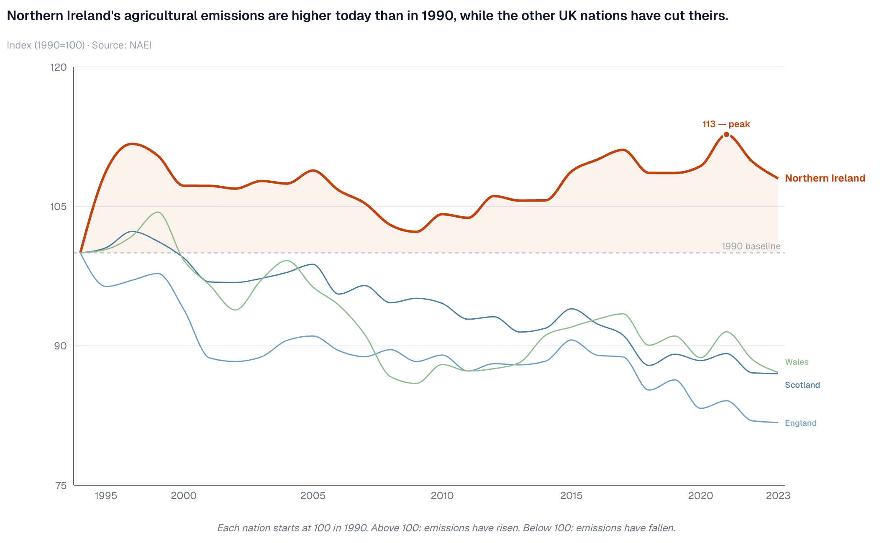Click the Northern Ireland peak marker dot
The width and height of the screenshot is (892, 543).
pos(726,135)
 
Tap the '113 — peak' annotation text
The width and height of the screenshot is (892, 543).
pos(726,124)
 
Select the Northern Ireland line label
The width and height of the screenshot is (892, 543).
pos(825,178)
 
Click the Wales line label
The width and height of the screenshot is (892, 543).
pos(797,362)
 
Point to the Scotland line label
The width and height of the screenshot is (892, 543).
pos(802,385)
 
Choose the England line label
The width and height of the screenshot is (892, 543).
pos(800,423)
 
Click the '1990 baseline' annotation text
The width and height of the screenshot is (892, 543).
pos(751,246)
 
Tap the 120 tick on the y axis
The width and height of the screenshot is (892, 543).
pos(59,67)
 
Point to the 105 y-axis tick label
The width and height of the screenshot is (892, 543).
pos(59,207)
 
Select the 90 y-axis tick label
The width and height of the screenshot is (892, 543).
pos(60,346)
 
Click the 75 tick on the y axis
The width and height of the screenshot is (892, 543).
pos(61,486)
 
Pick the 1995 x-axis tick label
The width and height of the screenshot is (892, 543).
pos(106,496)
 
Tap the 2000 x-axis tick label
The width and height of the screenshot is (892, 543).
pos(184,496)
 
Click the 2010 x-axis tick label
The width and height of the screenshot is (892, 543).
pos(442,496)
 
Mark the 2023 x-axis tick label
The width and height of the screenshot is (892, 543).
pos(778,496)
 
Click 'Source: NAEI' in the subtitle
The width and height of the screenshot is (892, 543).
pos(122,45)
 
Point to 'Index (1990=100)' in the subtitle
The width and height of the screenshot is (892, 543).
pos(46,45)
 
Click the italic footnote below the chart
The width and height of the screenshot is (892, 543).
pos(446,528)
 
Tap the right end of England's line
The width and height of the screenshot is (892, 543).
pos(777,423)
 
